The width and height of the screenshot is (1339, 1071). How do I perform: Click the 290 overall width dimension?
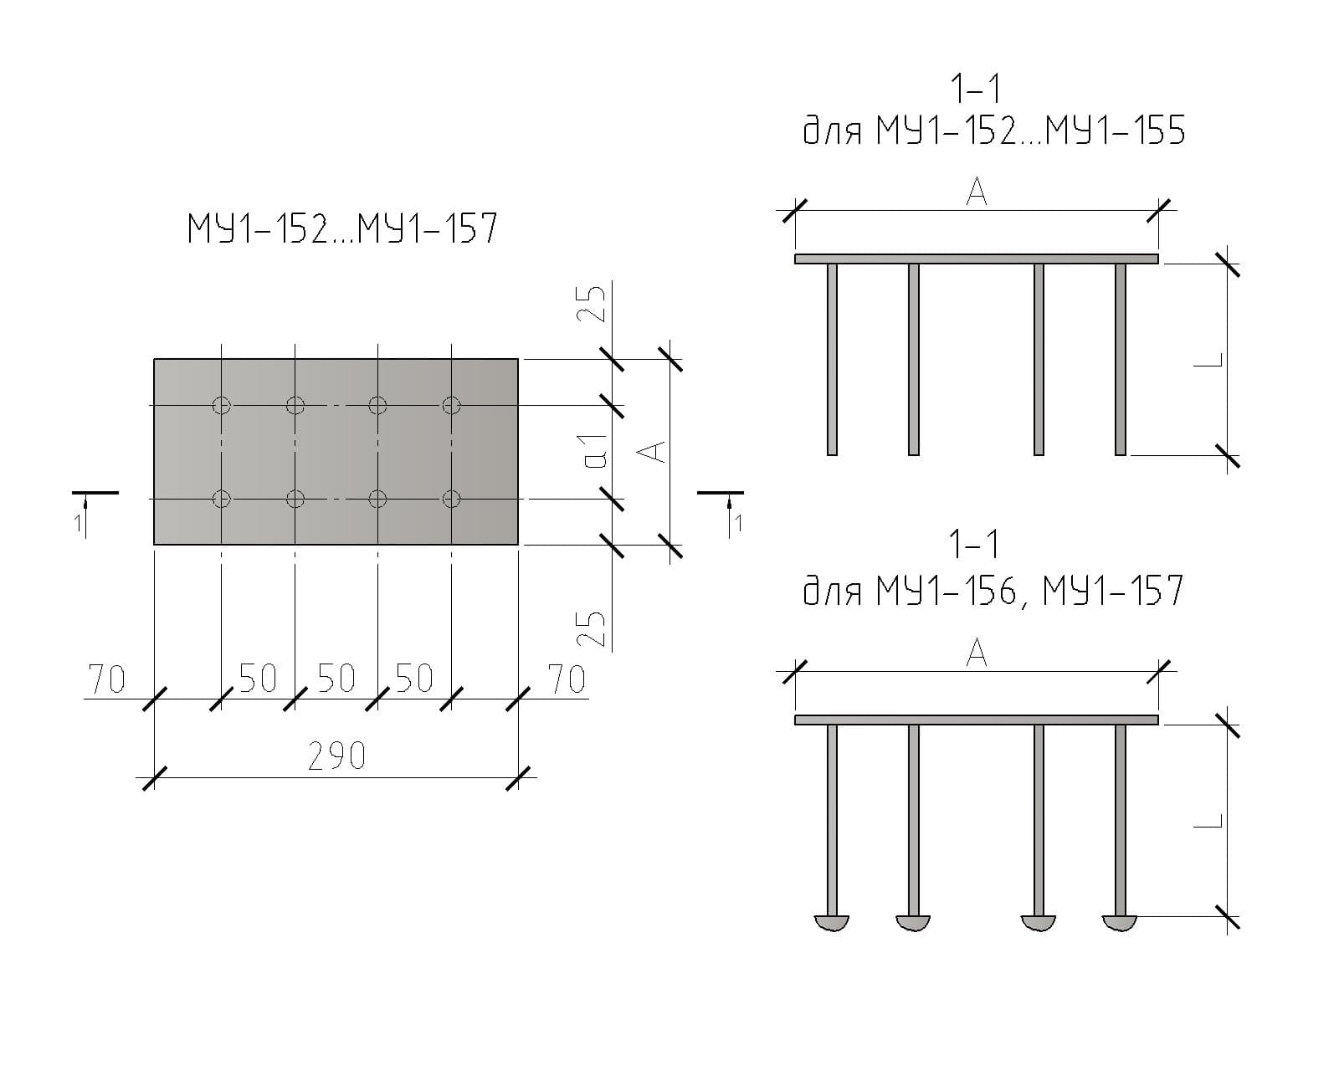click(x=336, y=757)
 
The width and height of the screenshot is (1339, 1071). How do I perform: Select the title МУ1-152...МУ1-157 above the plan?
click(x=342, y=228)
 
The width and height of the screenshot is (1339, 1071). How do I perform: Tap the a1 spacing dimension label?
click(x=596, y=452)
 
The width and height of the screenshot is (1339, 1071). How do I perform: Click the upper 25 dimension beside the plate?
click(x=592, y=305)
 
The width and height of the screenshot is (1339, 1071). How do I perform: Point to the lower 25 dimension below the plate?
click(x=592, y=628)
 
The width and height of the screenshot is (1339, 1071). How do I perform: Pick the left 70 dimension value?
click(x=107, y=680)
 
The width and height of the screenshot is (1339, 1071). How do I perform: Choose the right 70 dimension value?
click(x=567, y=679)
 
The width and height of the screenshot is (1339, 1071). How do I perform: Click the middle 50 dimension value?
click(x=336, y=679)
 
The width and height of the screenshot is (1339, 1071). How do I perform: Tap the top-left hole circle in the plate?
click(x=221, y=406)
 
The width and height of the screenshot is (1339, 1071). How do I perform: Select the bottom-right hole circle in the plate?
click(x=451, y=500)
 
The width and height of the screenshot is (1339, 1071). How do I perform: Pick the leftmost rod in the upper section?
click(x=832, y=360)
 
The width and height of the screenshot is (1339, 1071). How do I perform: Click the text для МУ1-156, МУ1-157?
click(x=993, y=591)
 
